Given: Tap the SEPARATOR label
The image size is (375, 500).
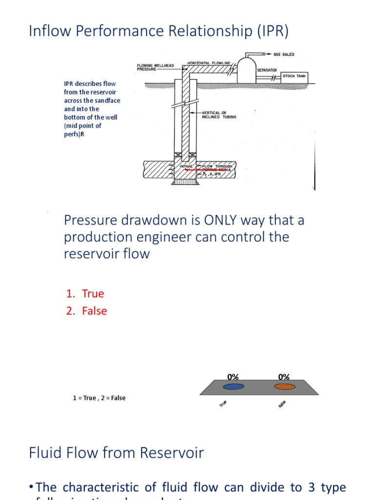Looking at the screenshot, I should click(x=267, y=70).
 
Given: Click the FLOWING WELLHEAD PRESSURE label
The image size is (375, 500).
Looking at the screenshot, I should click(x=155, y=67).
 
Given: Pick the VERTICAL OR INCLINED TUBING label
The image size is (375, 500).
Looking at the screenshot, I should click(x=219, y=115).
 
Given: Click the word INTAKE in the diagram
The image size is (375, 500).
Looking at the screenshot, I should click(x=186, y=167).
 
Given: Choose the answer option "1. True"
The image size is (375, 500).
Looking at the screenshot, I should click(x=85, y=293).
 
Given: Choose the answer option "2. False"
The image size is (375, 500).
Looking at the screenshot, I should click(x=87, y=311).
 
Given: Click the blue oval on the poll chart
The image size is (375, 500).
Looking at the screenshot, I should click(x=233, y=387).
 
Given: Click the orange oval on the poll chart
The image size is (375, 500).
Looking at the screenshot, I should click(x=285, y=387).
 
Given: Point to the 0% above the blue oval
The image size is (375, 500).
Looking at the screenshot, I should click(x=233, y=377).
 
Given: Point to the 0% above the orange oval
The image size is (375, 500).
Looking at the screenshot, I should click(x=284, y=377).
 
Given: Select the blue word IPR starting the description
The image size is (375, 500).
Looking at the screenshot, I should click(x=68, y=83).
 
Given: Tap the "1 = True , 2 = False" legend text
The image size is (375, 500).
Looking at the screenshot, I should click(x=99, y=398).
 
